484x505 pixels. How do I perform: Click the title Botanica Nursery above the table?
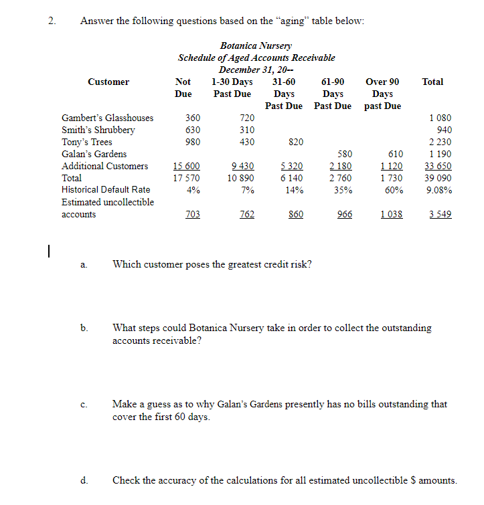click(x=256, y=45)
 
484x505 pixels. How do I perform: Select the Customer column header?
click(x=108, y=82)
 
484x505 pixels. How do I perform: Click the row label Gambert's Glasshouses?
click(x=107, y=118)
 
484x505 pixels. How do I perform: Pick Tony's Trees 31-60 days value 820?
click(x=295, y=142)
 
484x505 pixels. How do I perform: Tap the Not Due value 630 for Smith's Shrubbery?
click(x=193, y=130)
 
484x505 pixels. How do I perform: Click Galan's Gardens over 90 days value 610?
click(x=395, y=154)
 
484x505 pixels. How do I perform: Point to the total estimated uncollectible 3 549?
click(x=439, y=215)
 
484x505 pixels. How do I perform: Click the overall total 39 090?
click(x=439, y=178)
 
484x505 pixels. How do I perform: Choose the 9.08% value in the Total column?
click(x=439, y=190)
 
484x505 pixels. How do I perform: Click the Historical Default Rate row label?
click(x=106, y=190)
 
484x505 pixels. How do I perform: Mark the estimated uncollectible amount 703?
click(x=192, y=215)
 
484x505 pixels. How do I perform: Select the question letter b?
click(x=84, y=328)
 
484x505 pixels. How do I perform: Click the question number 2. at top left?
click(x=52, y=20)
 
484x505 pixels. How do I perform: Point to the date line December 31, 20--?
click(x=256, y=70)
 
